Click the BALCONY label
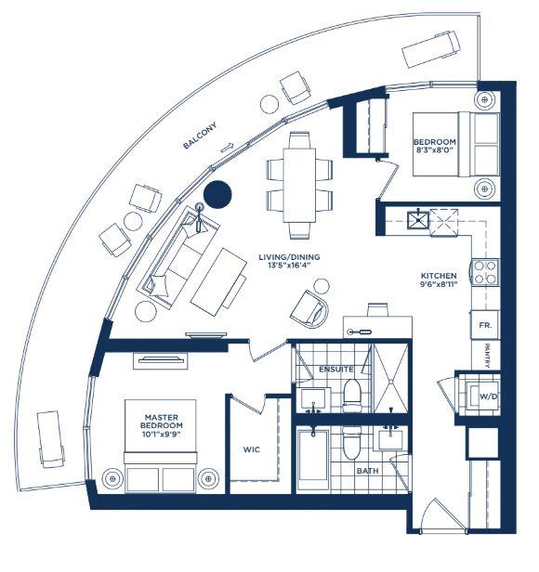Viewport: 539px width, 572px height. (x=200, y=136)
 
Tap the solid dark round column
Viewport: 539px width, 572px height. (x=217, y=194)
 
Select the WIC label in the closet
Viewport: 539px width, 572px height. (x=252, y=449)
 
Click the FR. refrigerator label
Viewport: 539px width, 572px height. (x=485, y=325)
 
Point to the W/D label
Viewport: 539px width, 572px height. (x=488, y=396)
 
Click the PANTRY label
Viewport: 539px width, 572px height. (x=487, y=356)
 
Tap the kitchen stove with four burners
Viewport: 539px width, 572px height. (x=485, y=272)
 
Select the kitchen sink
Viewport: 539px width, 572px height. (x=418, y=219)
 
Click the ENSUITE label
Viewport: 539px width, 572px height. (x=336, y=370)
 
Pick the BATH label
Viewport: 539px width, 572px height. (x=367, y=471)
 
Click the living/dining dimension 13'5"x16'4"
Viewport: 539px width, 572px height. (x=289, y=266)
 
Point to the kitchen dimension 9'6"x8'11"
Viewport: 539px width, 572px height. (x=439, y=284)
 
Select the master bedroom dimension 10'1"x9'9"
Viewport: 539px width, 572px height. (x=162, y=434)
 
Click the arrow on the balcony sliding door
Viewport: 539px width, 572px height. (x=227, y=148)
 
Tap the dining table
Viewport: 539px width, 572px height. (x=299, y=185)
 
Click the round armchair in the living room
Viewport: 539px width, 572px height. (x=310, y=308)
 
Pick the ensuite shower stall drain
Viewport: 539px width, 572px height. (x=390, y=382)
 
